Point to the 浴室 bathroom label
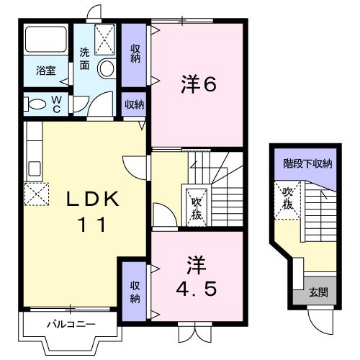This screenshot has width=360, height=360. pyautogui.click(x=47, y=71)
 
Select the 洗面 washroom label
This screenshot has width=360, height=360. pyautogui.click(x=85, y=58)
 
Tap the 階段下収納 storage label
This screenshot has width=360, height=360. pyautogui.click(x=307, y=163)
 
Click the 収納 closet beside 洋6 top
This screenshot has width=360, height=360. pyautogui.click(x=135, y=55)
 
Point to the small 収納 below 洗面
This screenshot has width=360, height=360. pyautogui.click(x=134, y=104)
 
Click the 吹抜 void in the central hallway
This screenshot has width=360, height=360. pyautogui.click(x=195, y=207)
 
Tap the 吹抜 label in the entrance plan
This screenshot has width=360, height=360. pyautogui.click(x=287, y=198)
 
